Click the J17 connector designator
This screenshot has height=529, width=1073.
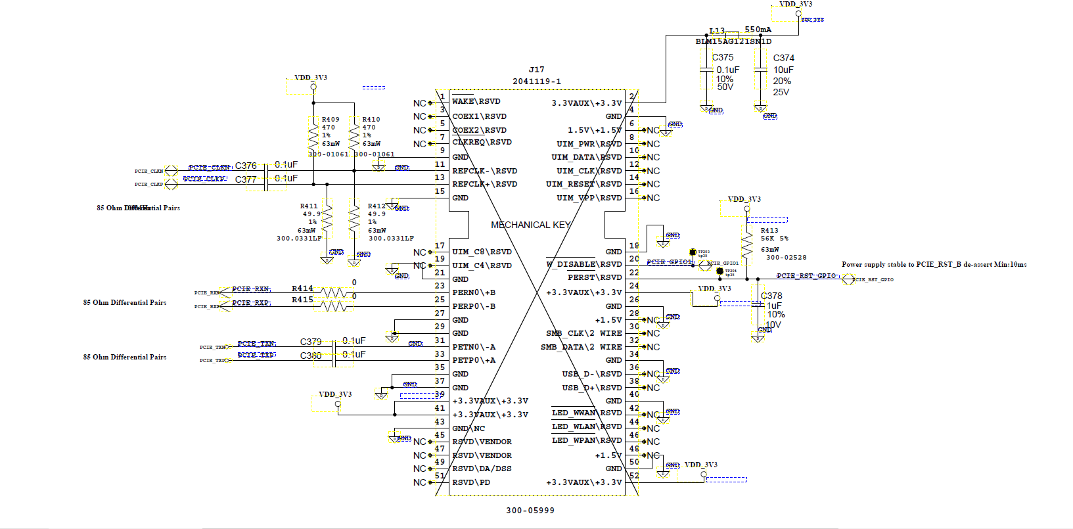click(536, 70)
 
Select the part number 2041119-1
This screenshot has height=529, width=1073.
click(536, 81)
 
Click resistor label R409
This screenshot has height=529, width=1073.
click(331, 120)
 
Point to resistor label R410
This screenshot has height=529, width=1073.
click(371, 120)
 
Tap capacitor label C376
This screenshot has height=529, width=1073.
click(246, 166)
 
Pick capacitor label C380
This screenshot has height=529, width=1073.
click(311, 356)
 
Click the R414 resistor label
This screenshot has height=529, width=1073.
click(302, 288)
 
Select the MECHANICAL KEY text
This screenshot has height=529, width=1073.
click(530, 225)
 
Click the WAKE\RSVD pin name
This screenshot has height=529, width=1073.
click(476, 101)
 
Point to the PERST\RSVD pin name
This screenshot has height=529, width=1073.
click(594, 277)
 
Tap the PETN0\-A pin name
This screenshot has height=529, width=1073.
click(474, 347)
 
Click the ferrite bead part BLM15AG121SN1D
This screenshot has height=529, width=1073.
click(733, 41)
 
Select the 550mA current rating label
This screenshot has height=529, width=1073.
click(758, 30)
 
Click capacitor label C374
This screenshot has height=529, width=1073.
click(783, 58)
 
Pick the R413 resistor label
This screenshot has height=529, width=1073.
click(769, 231)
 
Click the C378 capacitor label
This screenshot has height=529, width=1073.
click(771, 296)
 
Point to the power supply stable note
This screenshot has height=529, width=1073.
click(934, 264)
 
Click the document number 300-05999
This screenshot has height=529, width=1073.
click(530, 511)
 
